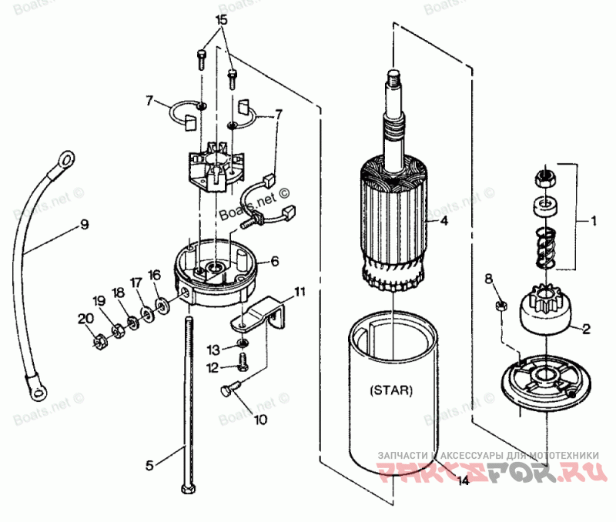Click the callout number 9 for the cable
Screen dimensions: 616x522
point(84,225)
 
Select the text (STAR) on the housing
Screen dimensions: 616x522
point(391,390)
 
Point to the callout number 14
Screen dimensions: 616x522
point(462,483)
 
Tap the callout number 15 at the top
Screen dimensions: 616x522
point(221,22)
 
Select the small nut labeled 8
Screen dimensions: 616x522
point(500,306)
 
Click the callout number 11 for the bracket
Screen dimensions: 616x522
point(299,292)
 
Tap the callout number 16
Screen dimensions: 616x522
point(155,275)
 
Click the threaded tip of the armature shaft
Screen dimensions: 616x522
point(393,75)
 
